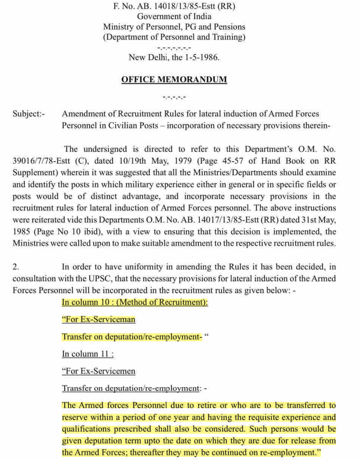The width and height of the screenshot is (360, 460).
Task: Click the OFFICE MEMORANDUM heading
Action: tap(174, 79)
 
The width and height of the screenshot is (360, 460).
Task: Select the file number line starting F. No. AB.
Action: tap(174, 6)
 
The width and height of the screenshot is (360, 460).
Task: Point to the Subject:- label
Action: tap(29, 114)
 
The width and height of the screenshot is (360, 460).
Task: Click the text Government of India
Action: tap(174, 16)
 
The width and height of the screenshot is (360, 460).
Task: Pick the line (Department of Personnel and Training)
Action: tap(174, 37)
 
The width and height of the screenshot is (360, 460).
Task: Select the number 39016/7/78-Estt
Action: tap(41, 161)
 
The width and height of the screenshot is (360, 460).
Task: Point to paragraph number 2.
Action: tap(16, 267)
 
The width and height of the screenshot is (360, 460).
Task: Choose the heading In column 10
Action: tap(135, 302)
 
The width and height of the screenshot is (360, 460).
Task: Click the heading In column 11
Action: tap(88, 354)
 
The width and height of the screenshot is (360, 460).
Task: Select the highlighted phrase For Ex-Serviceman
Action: tap(99, 319)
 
